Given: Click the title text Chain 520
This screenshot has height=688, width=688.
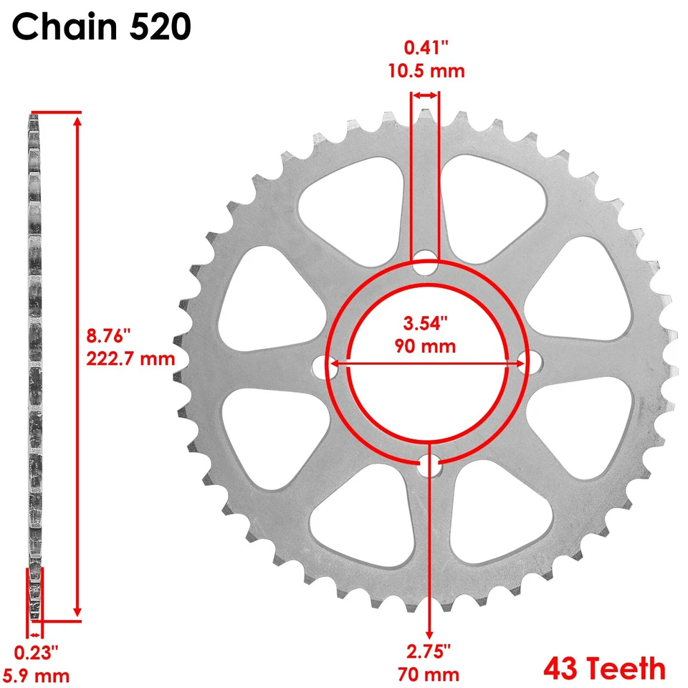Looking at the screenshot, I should [101, 27].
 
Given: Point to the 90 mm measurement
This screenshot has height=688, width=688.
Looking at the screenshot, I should [425, 346].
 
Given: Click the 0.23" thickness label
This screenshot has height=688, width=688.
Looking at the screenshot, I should [36, 652].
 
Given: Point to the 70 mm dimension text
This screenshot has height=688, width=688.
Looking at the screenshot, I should [429, 674].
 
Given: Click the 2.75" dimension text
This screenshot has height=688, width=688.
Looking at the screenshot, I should [429, 652].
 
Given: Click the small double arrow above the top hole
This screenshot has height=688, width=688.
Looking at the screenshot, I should [424, 95].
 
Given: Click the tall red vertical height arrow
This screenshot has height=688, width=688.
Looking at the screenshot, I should [77, 365].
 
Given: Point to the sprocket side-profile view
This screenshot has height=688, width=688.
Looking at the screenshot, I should [34, 358].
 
